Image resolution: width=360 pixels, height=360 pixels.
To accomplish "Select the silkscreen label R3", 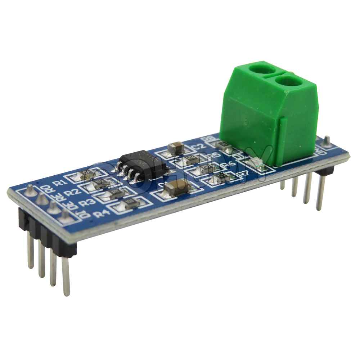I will point(87,203).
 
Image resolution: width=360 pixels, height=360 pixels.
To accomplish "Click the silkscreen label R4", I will point(102,213).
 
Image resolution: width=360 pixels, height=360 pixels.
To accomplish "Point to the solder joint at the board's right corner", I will point(327,141).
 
